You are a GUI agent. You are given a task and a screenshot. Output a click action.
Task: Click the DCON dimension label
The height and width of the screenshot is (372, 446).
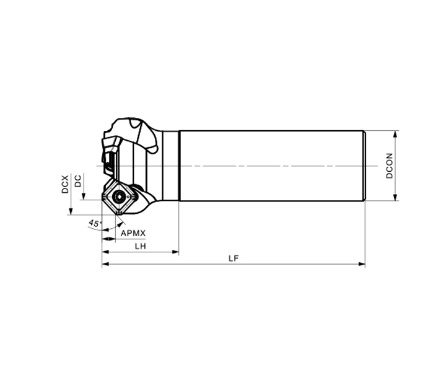390,166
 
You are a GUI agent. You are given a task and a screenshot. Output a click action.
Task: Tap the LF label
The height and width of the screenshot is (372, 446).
234,258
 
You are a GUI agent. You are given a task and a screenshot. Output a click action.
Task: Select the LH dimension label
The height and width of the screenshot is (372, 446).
140,246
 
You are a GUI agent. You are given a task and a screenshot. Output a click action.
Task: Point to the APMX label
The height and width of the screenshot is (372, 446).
133,233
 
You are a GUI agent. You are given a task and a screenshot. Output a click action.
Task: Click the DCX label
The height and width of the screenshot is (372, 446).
65,184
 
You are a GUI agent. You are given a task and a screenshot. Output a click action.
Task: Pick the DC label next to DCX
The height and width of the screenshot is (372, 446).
77,181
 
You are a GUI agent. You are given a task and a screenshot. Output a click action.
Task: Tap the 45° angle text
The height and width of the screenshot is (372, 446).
94,223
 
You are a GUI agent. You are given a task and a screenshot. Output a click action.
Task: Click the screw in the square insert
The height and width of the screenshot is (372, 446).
118,196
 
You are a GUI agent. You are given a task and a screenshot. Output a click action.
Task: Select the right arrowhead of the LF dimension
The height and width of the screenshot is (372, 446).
362,264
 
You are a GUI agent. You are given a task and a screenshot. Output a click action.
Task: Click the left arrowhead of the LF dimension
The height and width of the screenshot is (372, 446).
105,264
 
